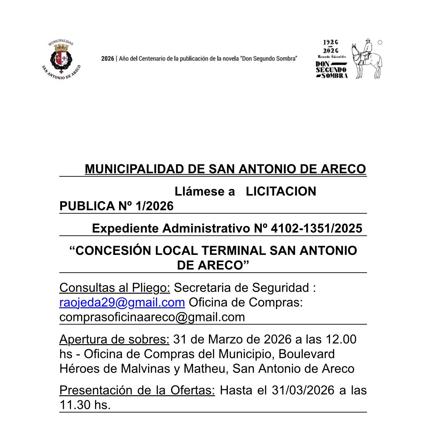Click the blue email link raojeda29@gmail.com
coord(122,302)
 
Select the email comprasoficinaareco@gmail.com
coord(152,317)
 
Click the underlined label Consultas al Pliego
coord(115,288)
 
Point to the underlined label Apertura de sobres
coord(114,339)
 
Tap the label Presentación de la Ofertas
coord(137,390)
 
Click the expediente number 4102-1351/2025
coord(316,228)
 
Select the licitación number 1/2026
coord(155,206)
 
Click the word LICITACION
coord(281,191)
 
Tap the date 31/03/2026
coord(303,390)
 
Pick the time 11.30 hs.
coord(85,405)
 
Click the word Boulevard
coord(306,354)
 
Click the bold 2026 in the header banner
coord(108,59)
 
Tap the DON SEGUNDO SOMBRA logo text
coord(331,70)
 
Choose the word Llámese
coord(204,191)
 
